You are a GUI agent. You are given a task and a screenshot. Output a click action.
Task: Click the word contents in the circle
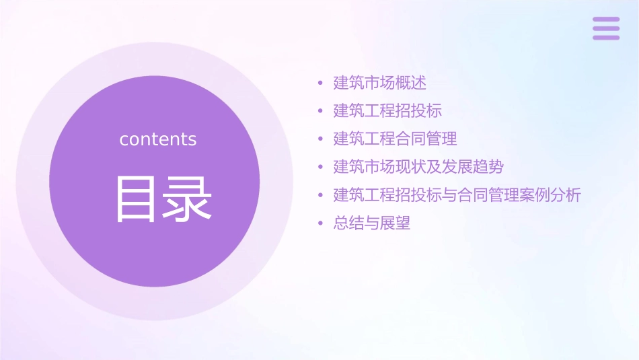(158, 139)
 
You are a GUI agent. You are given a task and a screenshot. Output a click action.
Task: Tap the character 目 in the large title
(134, 199)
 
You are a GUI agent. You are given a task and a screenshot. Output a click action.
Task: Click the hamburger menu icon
(606, 28)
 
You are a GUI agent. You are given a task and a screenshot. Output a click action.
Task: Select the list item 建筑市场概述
(380, 83)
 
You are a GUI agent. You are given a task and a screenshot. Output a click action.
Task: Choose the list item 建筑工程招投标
(387, 111)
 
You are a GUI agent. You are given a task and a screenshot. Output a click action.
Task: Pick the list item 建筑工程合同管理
(396, 139)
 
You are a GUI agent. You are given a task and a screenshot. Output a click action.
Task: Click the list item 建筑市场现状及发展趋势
(418, 167)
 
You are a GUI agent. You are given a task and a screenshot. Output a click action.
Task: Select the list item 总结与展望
(372, 223)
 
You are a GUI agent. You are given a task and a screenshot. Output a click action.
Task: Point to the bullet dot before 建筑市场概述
(321, 84)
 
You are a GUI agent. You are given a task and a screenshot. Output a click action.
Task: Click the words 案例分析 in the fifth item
(550, 195)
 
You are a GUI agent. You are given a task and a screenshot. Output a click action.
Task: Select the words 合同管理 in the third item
(426, 139)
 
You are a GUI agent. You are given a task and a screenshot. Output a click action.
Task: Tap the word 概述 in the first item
(411, 83)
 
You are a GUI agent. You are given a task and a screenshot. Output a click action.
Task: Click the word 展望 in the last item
(395, 223)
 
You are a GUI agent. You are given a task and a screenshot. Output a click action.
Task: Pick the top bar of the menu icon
(606, 20)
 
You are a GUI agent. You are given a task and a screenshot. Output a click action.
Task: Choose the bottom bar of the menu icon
(606, 37)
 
